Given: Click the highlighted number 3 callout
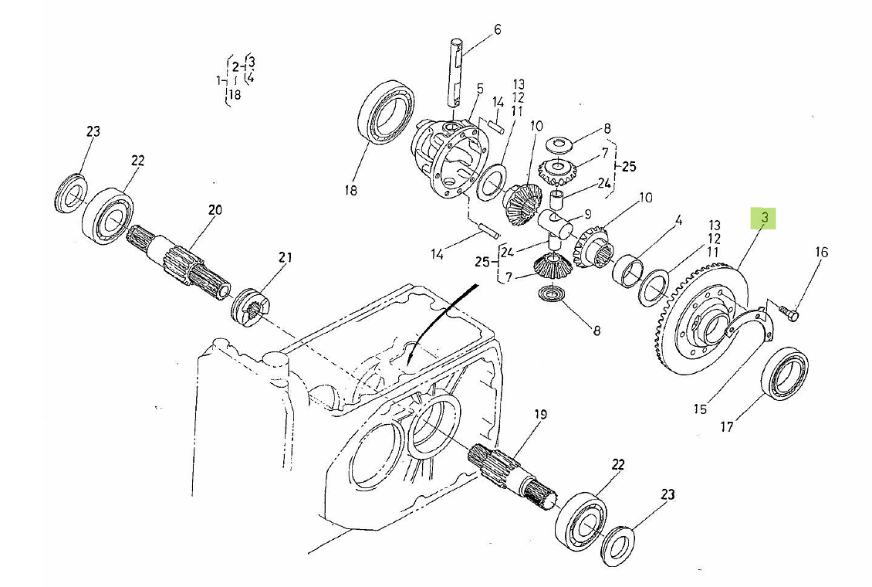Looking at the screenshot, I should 764,219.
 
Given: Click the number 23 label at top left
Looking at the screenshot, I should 93,132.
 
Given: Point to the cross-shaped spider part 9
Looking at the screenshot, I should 554,228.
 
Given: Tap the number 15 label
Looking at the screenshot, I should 699,409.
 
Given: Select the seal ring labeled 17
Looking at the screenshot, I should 785,374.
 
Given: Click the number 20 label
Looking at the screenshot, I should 215,209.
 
